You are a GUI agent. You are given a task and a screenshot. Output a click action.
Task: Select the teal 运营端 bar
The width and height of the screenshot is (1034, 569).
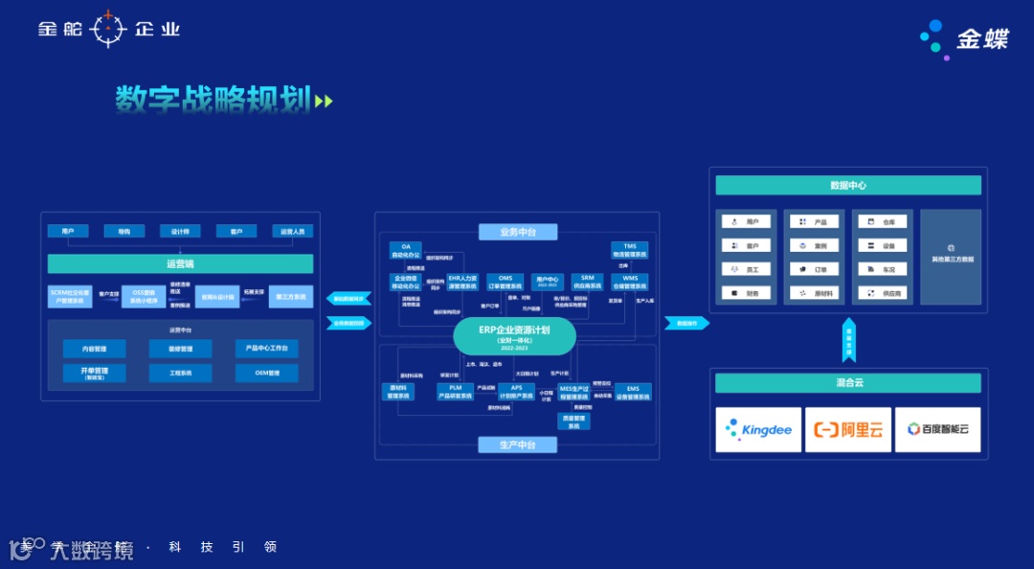click(180, 263)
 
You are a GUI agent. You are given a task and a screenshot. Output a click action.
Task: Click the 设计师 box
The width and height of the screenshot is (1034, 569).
click(180, 231)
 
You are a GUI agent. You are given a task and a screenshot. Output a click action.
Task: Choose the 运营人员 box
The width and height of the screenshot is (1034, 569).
click(292, 231)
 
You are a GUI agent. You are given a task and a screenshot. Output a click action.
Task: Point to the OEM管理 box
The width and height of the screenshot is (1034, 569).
click(266, 373)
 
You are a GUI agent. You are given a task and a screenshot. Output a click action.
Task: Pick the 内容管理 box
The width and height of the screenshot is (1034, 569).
click(95, 349)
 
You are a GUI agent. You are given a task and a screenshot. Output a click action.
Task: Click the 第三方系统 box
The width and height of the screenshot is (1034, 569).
click(291, 297)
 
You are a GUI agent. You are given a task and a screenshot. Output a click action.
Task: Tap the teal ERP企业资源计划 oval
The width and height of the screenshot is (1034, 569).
click(514, 335)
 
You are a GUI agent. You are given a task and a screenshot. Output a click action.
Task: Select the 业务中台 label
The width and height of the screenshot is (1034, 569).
click(517, 232)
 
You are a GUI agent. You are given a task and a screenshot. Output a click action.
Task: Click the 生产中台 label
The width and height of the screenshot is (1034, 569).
click(517, 444)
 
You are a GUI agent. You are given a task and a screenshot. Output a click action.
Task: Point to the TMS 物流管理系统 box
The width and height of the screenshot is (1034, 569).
click(630, 250)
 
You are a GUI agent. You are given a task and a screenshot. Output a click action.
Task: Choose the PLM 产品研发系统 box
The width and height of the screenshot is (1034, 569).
click(456, 392)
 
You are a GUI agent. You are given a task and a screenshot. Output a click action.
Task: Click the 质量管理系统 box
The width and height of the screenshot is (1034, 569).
click(574, 421)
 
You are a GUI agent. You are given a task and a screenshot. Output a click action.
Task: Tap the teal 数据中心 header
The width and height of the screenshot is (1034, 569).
click(848, 185)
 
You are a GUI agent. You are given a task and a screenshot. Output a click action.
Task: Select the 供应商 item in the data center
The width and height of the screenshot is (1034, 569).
click(882, 293)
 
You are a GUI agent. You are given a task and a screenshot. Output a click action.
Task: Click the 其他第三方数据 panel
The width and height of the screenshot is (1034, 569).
click(951, 257)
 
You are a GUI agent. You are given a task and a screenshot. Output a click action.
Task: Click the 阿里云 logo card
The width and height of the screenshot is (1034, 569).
click(848, 430)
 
